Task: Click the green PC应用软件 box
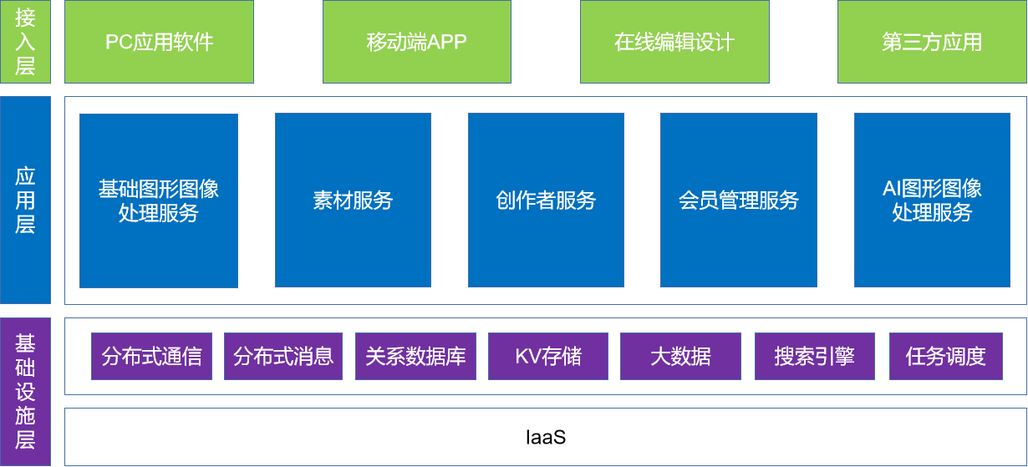point(159,42)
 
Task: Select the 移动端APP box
point(416,42)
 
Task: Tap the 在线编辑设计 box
point(674,42)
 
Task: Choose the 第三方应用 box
point(932,42)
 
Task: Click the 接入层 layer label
point(25,42)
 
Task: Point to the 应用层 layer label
point(25,200)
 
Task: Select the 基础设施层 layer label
point(25,391)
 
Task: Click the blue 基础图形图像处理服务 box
point(159,201)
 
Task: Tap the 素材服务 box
point(353,201)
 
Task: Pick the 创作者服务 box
point(546,201)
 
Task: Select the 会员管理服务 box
point(738,201)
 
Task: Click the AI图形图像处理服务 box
point(932,201)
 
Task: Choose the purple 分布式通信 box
point(151,357)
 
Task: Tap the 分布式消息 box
point(283,357)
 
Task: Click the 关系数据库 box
point(415,357)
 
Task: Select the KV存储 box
point(547,357)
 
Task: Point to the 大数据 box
point(680,357)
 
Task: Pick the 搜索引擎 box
point(814,357)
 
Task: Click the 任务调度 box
point(945,357)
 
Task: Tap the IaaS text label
point(546,436)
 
